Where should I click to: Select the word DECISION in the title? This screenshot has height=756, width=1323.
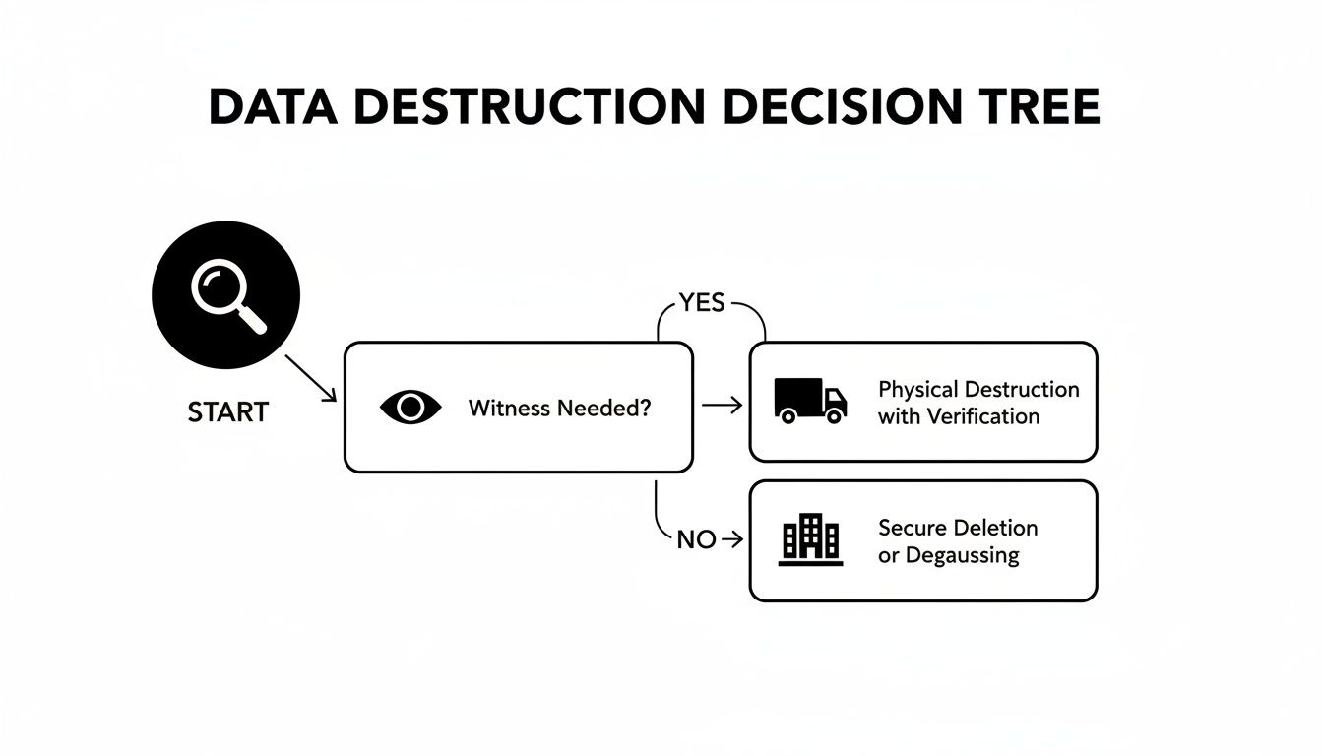tap(831, 107)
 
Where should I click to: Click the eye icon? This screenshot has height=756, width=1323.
tap(410, 408)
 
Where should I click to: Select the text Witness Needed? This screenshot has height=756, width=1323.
tap(559, 408)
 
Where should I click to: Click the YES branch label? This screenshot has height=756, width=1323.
tap(702, 303)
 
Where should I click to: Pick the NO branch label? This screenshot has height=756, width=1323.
tap(696, 539)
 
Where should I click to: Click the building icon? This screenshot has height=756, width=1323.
tap(810, 540)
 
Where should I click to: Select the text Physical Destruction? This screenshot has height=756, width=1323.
tap(978, 389)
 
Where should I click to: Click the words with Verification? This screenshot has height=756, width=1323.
tap(958, 416)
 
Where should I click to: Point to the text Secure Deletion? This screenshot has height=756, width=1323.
tap(958, 528)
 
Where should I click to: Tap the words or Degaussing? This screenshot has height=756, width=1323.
tap(948, 555)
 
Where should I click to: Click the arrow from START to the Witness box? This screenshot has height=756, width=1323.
tap(311, 379)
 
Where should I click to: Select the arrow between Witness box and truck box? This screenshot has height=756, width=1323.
tap(723, 405)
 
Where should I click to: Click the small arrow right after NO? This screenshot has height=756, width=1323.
tap(731, 539)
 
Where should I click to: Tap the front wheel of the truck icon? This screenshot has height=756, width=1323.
tap(835, 416)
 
